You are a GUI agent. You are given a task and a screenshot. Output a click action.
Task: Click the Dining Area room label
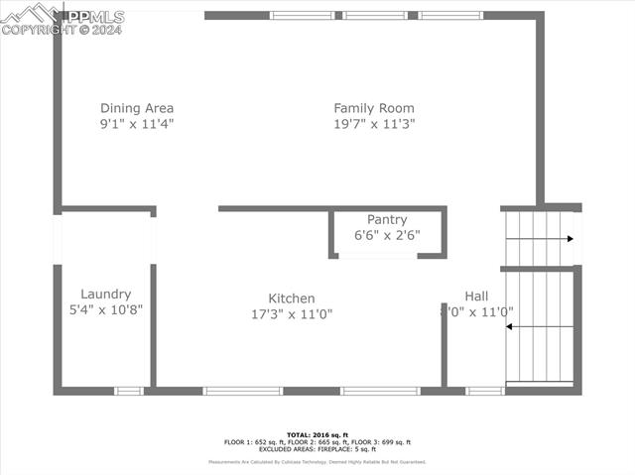[137, 108]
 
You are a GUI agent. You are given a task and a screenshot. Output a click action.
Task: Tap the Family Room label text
[374, 108]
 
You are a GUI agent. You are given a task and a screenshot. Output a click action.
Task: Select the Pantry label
[387, 219]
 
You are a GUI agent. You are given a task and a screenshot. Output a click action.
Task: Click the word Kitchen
[292, 298]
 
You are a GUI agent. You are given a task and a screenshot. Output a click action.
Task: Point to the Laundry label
[106, 294]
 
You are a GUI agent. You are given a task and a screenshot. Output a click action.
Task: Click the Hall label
[476, 296]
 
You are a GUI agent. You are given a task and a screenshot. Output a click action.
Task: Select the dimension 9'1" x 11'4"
[137, 124]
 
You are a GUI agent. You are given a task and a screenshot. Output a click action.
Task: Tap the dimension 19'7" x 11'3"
[374, 124]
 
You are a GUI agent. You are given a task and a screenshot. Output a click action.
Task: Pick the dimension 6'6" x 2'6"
[387, 235]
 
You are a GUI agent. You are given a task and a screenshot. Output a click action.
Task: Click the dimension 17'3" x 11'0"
[292, 313]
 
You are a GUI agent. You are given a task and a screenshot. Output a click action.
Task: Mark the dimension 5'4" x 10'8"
[106, 309]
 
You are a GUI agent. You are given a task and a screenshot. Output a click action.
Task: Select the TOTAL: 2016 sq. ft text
[317, 434]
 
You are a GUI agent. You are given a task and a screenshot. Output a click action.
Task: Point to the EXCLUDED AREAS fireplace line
[317, 448]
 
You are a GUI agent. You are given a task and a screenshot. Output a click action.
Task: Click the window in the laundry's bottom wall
[129, 391]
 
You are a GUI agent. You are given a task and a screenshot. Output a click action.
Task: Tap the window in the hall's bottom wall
[485, 391]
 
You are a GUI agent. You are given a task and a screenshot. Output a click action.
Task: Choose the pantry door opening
[378, 257]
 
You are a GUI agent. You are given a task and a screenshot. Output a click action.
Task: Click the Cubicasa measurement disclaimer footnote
[317, 462]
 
